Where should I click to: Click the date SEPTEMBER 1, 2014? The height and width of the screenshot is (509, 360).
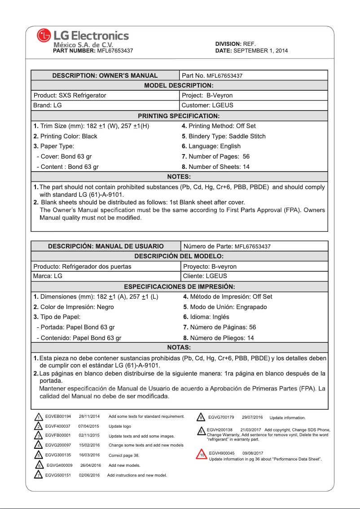261,51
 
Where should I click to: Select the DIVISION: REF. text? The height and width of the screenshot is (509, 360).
235,44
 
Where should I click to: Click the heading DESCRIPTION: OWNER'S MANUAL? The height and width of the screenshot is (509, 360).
105,75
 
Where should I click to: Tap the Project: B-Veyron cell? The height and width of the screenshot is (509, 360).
207,95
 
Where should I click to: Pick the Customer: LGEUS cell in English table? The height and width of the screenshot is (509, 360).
207,106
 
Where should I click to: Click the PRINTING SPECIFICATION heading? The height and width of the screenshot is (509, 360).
179,116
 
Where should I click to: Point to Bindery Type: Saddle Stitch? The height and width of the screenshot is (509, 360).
224,136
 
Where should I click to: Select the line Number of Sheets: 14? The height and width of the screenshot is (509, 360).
215,167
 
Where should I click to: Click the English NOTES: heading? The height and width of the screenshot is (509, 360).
179,177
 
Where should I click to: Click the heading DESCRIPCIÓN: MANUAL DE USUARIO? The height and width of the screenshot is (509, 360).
106,246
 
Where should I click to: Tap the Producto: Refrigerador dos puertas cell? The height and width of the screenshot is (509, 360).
83,266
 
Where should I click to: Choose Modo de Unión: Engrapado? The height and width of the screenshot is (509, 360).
225,307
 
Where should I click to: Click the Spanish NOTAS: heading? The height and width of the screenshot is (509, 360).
179,348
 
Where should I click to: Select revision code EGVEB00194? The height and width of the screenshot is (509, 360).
58,416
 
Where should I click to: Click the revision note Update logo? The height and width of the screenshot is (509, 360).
120,426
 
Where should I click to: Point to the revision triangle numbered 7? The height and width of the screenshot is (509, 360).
39,474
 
